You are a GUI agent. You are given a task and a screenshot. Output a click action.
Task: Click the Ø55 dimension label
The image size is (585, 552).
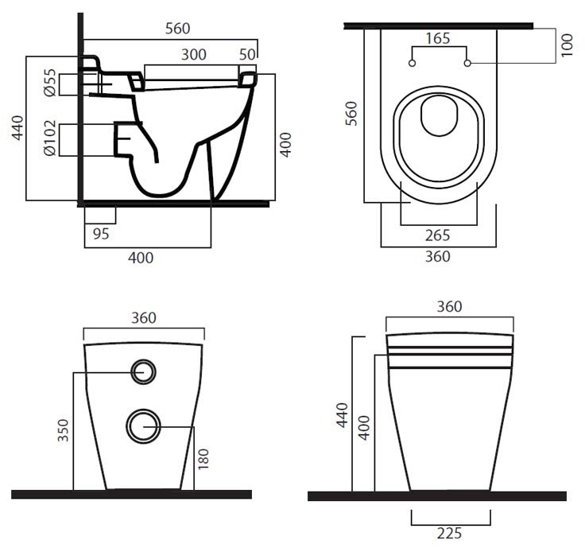(50, 83)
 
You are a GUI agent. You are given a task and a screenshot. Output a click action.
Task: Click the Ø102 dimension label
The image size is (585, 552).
(50, 138)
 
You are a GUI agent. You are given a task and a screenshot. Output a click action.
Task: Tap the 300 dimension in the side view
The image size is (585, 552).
(194, 55)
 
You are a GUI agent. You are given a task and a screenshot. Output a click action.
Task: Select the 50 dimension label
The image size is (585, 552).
(247, 55)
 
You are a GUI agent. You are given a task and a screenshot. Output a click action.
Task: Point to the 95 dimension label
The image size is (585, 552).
(101, 234)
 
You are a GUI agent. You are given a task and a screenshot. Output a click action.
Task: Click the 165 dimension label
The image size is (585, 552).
(438, 38)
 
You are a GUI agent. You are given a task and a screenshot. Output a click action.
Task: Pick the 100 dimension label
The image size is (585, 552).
(567, 45)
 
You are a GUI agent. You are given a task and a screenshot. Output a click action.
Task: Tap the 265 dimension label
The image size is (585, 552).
(438, 235)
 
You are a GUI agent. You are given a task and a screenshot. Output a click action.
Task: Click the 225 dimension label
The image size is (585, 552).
(449, 534)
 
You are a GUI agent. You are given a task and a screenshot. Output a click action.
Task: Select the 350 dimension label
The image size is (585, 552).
(64, 430)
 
